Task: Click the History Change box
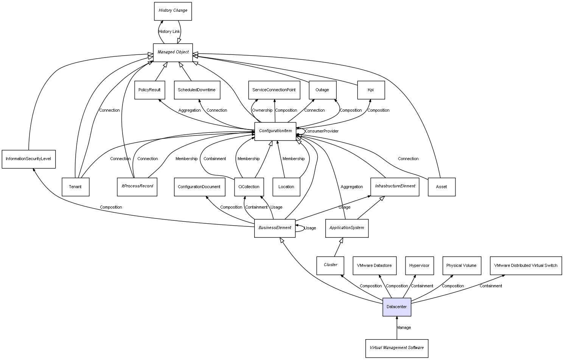[173, 11]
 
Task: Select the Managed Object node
[173, 52]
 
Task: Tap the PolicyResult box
[149, 90]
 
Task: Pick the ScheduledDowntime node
[197, 90]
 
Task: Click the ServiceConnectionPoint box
[274, 90]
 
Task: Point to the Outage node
[322, 90]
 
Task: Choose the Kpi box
[371, 90]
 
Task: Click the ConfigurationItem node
[275, 131]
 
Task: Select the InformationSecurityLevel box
[28, 159]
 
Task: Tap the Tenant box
[75, 187]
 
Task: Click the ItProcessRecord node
[137, 187]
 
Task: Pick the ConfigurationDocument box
[199, 187]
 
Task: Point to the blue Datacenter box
[396, 307]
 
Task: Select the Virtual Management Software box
[397, 348]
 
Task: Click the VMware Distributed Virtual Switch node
[525, 266]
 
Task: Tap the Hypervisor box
[419, 266]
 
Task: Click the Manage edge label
[404, 328]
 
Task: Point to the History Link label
[169, 32]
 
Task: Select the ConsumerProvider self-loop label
[322, 131]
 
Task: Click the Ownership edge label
[262, 111]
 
